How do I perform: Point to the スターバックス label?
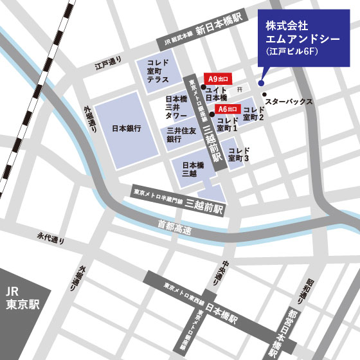(289, 102)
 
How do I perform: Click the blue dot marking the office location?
(261, 82)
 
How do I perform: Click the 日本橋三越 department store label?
(193, 169)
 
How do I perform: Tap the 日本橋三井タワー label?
(177, 109)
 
